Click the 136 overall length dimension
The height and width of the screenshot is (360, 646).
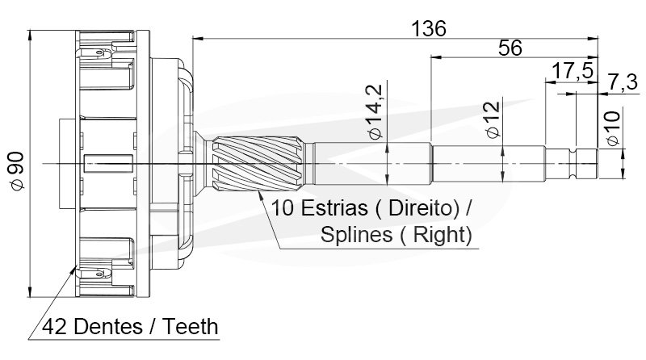point(429,29)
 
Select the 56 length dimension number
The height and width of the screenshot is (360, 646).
point(510,48)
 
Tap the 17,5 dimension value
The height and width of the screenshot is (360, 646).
point(573,71)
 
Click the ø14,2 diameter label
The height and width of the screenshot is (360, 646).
point(375,112)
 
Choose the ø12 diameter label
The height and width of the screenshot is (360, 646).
point(493,119)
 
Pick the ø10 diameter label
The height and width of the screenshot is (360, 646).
point(613,128)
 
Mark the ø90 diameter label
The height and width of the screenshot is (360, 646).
point(17,171)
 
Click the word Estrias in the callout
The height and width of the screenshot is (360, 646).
point(334,207)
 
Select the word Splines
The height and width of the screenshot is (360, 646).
point(356,235)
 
